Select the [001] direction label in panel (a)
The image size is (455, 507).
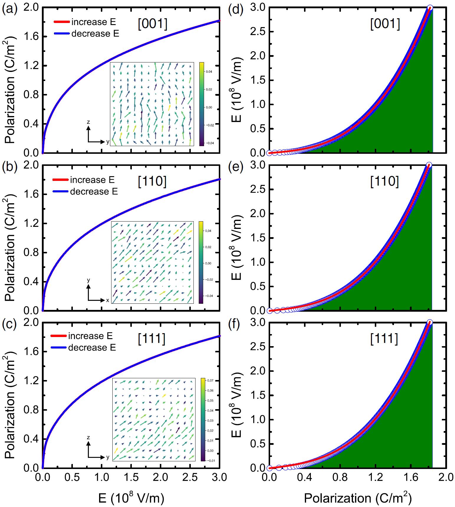(152, 24)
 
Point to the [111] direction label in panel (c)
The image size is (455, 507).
(152, 339)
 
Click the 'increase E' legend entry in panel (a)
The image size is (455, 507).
(93, 22)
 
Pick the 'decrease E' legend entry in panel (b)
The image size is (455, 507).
(94, 192)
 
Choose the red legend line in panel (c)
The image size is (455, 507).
(59, 336)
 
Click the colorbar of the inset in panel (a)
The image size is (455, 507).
(201, 104)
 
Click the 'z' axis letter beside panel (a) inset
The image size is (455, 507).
(88, 122)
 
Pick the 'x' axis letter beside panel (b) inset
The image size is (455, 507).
(108, 300)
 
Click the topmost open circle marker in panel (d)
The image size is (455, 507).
(430, 8)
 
